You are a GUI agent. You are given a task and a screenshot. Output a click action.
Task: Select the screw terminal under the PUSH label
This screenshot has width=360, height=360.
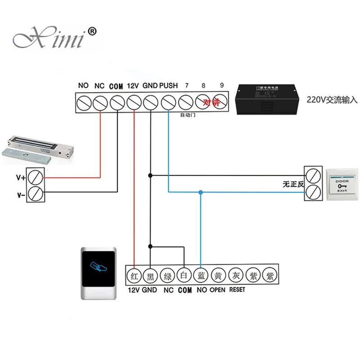point(168,103)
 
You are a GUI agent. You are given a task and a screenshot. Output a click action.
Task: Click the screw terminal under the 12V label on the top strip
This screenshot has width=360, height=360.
point(134,103)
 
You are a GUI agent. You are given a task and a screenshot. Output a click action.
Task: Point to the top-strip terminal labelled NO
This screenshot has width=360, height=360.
point(83,103)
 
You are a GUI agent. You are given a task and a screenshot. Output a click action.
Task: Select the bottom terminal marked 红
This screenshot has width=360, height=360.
point(134,275)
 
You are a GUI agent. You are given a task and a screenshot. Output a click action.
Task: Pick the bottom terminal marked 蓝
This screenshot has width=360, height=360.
point(201,275)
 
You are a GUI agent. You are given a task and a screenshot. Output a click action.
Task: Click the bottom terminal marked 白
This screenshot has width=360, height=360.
point(184,275)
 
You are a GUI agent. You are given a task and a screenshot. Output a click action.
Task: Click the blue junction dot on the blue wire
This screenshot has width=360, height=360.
point(201,193)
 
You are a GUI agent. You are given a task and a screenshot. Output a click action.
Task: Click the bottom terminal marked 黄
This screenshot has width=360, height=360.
point(218,275)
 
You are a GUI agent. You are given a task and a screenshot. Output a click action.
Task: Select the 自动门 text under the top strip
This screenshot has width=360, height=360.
point(185,115)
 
